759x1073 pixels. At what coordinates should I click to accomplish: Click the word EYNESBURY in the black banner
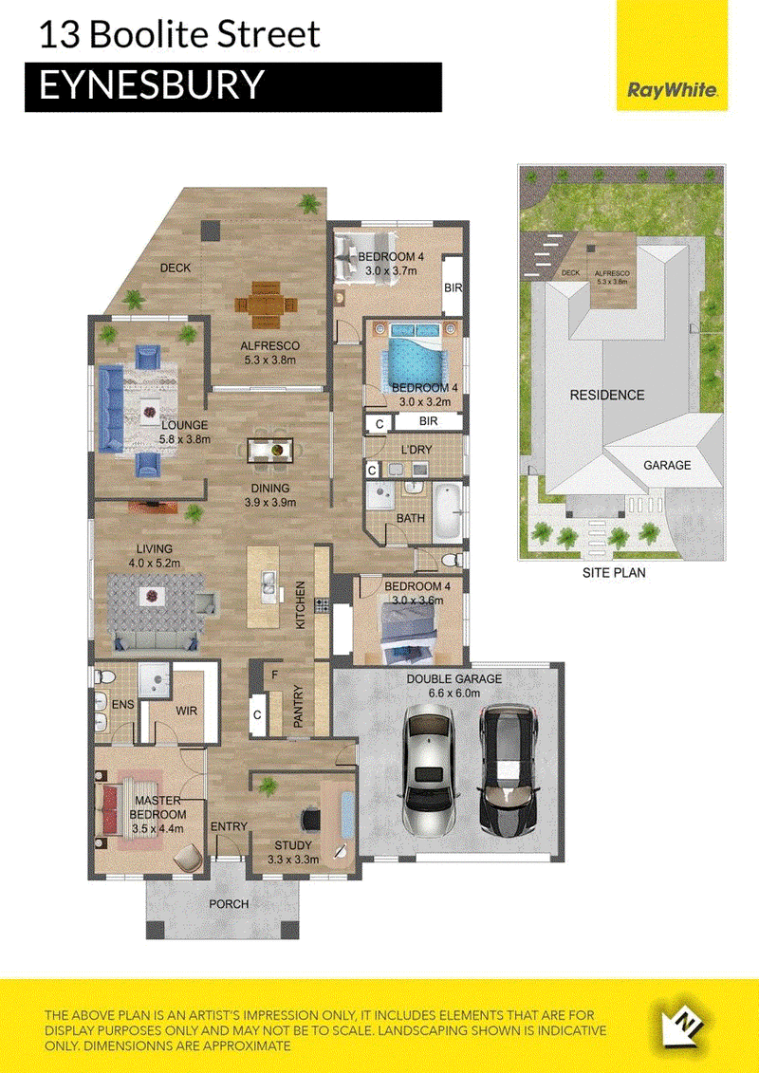(151, 85)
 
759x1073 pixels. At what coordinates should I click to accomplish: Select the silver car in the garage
(430, 769)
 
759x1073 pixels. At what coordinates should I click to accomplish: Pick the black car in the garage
(509, 770)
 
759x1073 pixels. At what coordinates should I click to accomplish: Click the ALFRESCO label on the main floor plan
(269, 345)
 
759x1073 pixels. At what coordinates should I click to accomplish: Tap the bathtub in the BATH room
(449, 510)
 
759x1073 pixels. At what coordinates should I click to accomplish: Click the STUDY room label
(293, 845)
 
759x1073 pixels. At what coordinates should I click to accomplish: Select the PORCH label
(229, 903)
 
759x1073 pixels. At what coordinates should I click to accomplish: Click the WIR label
(186, 711)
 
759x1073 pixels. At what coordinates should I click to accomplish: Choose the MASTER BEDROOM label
(158, 807)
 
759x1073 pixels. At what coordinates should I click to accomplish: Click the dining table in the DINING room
(270, 451)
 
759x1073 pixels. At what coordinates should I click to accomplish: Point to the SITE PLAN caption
(614, 573)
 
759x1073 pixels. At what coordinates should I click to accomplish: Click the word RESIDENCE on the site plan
(607, 395)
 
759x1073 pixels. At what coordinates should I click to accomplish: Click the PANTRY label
(299, 706)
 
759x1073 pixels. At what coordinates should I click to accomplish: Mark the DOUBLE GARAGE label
(454, 679)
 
